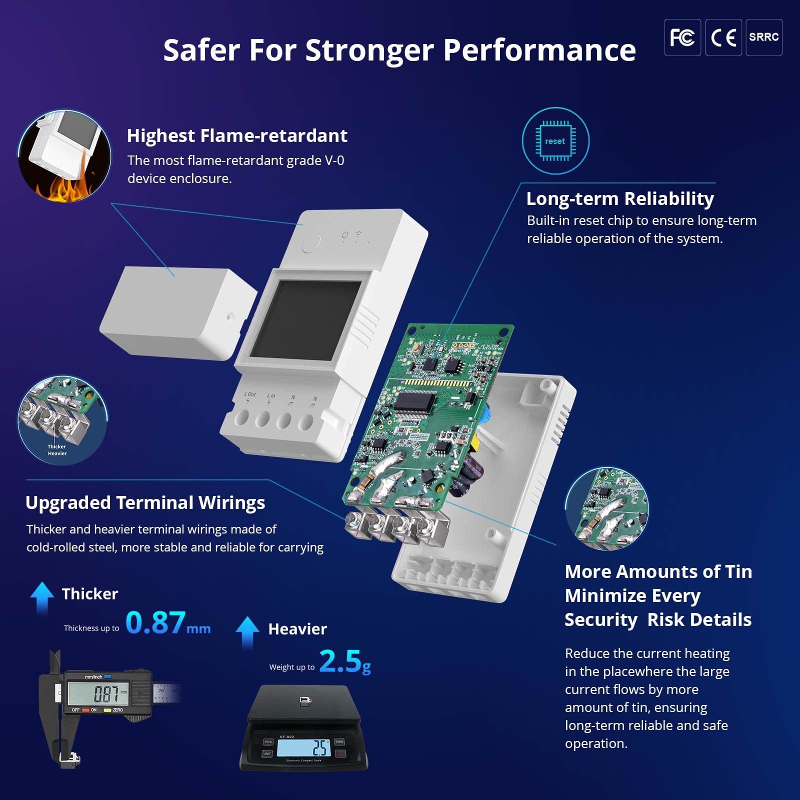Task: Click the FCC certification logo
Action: click(682, 37)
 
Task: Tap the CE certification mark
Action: click(723, 37)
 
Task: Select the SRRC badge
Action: click(763, 37)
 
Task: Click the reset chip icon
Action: click(555, 141)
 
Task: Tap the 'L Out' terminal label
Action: click(249, 394)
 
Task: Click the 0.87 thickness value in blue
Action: click(155, 622)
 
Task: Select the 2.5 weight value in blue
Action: click(340, 661)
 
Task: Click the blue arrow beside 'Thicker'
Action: click(42, 597)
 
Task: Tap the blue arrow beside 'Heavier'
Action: click(247, 632)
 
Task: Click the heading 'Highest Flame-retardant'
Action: click(237, 135)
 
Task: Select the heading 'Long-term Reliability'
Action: click(620, 198)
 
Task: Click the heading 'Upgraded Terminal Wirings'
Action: click(145, 502)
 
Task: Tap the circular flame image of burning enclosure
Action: click(64, 156)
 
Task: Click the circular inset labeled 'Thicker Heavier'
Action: click(62, 420)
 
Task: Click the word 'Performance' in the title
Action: click(539, 50)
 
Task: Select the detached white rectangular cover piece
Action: click(175, 312)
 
